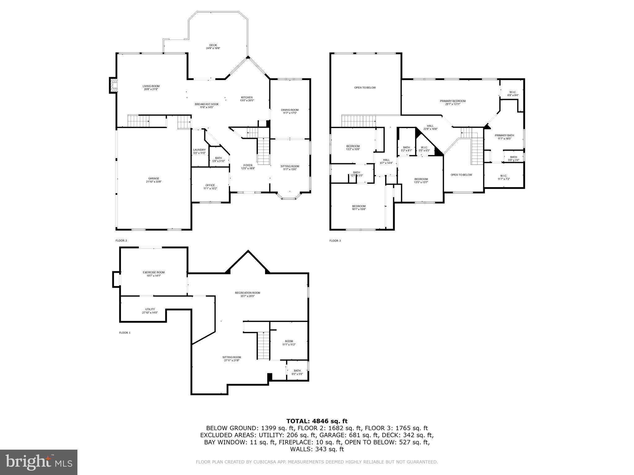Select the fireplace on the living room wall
(x=113, y=85)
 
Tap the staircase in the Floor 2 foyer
(x=264, y=152)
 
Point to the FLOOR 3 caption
(x=335, y=241)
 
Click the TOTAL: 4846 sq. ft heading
(x=317, y=421)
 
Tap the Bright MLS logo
(x=39, y=462)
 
